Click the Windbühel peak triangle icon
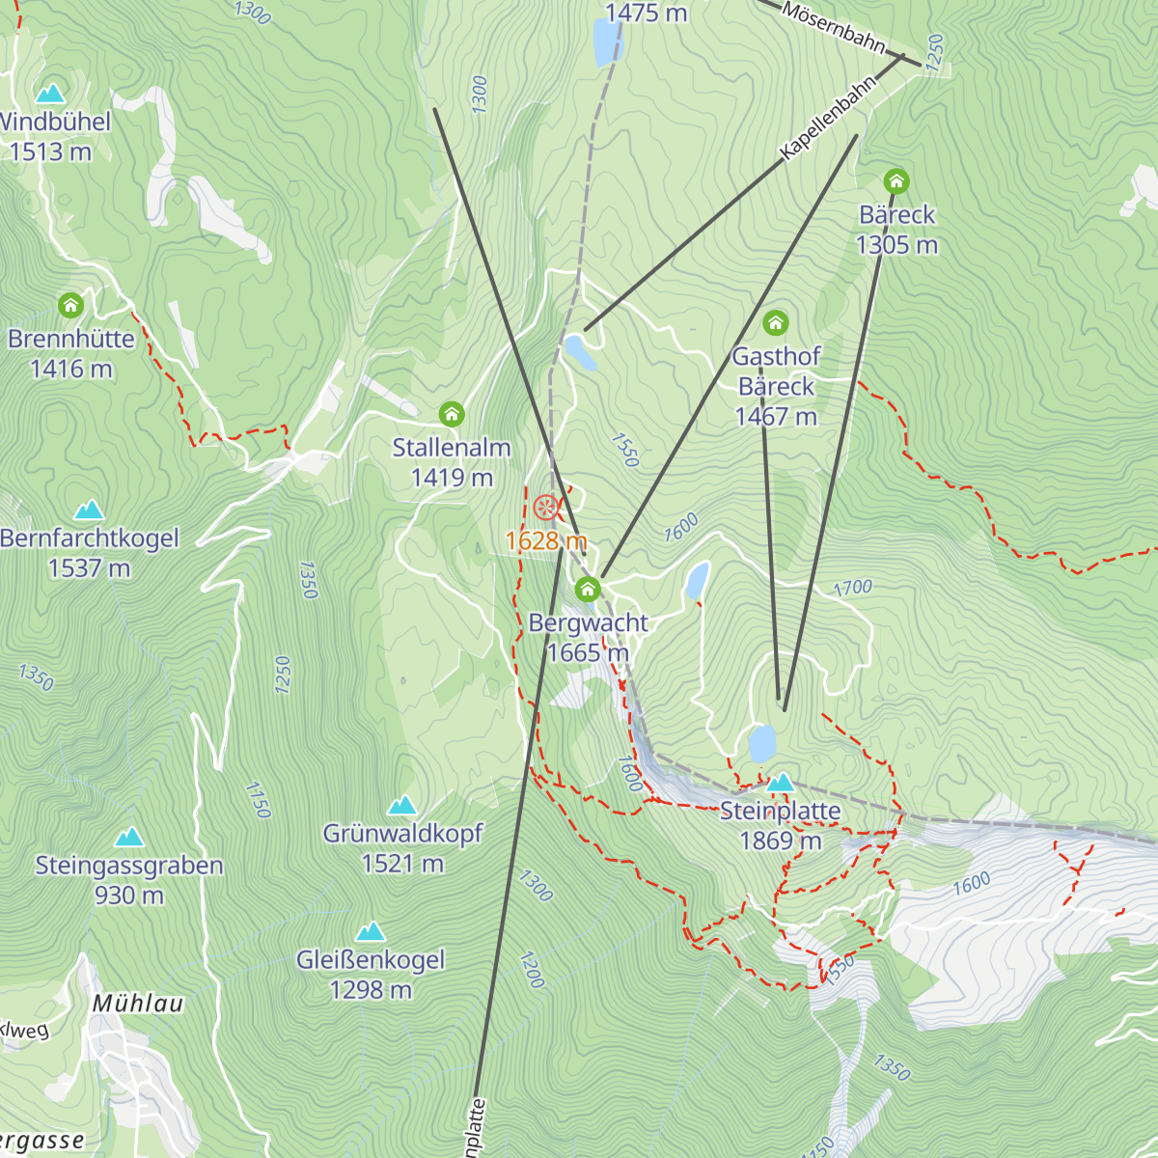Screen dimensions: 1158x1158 [50, 93]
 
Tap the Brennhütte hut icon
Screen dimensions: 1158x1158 [70, 306]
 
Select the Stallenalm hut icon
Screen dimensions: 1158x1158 [452, 415]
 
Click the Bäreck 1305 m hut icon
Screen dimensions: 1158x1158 [896, 181]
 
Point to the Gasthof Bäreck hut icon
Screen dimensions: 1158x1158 [776, 322]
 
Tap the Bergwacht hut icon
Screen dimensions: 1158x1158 [588, 589]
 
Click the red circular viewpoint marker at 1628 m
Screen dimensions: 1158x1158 [545, 507]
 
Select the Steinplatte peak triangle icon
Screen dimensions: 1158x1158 [780, 781]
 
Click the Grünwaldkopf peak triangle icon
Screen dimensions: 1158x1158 [402, 805]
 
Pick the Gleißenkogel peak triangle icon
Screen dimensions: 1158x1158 [371, 931]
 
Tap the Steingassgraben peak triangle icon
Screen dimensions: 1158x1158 [129, 837]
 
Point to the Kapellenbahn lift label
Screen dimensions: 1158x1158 [829, 117]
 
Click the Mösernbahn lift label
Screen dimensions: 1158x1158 [834, 27]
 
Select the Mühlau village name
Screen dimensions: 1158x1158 [138, 1004]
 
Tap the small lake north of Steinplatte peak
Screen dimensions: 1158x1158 [762, 744]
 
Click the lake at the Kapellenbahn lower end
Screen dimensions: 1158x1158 [580, 351]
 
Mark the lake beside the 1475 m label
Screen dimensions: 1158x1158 [607, 41]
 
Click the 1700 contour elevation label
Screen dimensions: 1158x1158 [852, 588]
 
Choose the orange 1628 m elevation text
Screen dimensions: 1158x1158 [546, 540]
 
